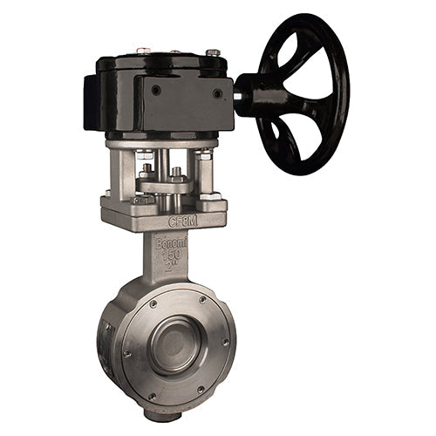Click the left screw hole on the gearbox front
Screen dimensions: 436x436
point(155,90)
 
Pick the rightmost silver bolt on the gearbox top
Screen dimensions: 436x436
point(213,54)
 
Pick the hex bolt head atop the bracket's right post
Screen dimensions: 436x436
point(205,154)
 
